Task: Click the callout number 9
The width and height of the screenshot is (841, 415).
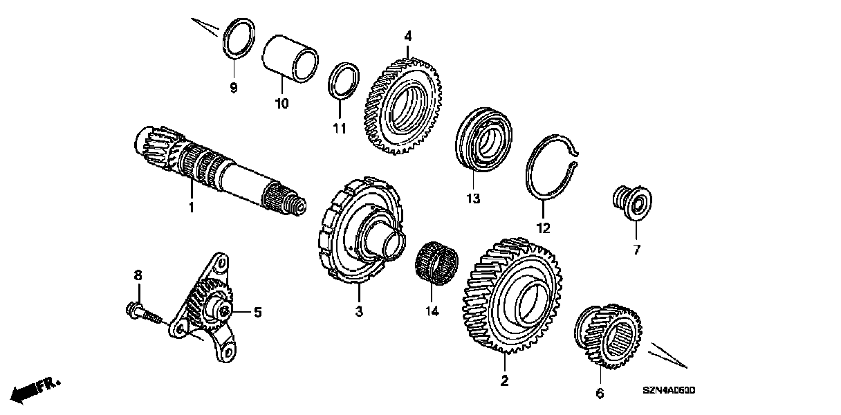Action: point(233,87)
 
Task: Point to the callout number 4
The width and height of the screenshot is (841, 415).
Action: point(408,35)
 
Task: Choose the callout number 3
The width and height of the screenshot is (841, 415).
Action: point(359,312)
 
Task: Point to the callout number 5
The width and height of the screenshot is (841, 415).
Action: point(257,313)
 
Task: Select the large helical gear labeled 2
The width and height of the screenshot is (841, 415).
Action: point(514,297)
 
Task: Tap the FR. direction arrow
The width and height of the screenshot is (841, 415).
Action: point(36,389)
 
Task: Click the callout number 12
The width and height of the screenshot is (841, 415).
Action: point(543,228)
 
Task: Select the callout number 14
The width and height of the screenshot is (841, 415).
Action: point(432,311)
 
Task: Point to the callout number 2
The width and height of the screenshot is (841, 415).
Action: point(504,380)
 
